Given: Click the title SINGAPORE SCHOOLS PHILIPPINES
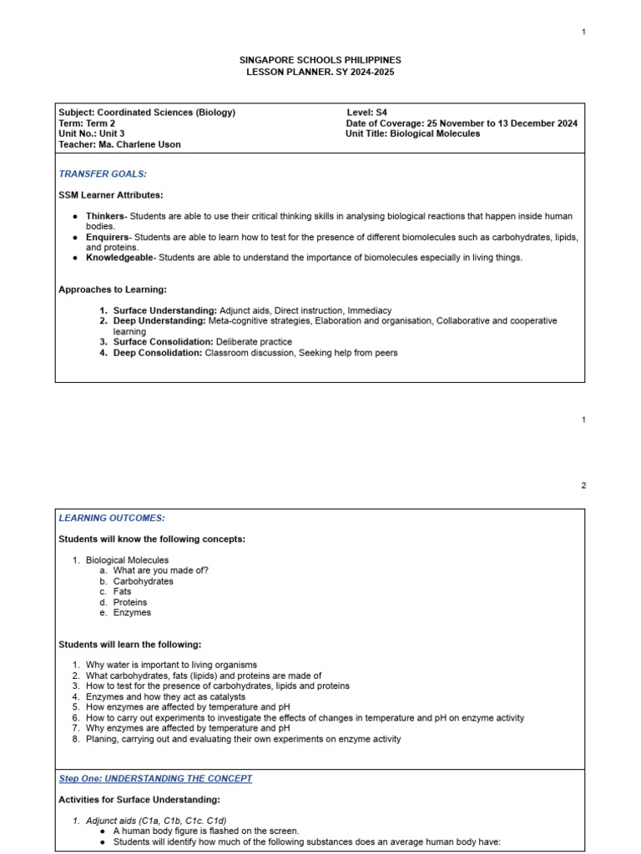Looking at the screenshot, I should [x=320, y=60].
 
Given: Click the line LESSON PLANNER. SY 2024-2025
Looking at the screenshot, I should [x=320, y=72].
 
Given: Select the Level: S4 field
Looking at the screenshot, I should [x=367, y=112].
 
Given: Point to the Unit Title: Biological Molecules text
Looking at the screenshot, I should [x=412, y=133].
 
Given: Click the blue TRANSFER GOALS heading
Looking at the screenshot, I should [x=103, y=173].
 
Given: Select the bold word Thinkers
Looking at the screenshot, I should [x=105, y=216].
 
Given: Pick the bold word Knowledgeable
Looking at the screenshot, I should [x=119, y=258].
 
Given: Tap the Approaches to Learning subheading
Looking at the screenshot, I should [x=113, y=289].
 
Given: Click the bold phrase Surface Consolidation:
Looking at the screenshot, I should [x=164, y=342].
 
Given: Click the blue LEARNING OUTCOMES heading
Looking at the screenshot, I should [x=112, y=518].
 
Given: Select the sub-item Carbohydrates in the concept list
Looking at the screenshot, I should [x=144, y=581].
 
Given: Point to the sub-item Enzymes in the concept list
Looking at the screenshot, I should [x=132, y=612].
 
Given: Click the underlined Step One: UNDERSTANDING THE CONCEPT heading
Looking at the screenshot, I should [x=155, y=778].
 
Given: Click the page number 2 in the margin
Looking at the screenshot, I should [x=583, y=485].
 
